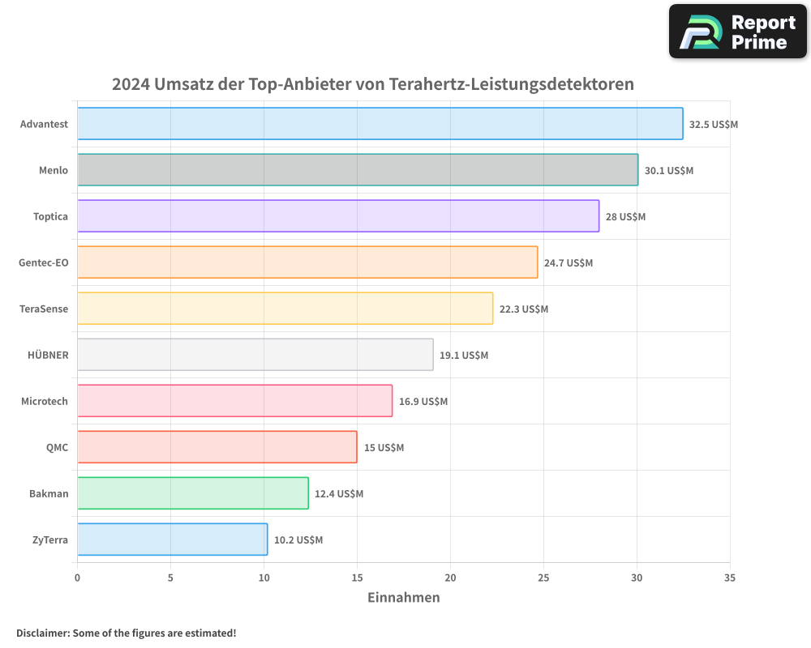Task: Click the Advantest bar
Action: [x=380, y=124]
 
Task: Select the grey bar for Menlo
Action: [x=358, y=170]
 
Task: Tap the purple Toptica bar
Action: [x=338, y=216]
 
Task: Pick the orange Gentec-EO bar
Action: [x=307, y=262]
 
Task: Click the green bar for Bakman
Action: [x=193, y=493]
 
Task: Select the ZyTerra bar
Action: [x=172, y=539]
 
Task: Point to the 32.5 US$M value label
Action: [x=714, y=125]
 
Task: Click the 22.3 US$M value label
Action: [x=524, y=309]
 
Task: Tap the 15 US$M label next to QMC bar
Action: [x=384, y=448]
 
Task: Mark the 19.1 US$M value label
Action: [x=464, y=356]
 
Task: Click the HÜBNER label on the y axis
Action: [x=49, y=355]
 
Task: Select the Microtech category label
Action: [x=45, y=401]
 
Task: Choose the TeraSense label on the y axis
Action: [x=44, y=309]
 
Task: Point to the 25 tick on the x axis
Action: [x=543, y=578]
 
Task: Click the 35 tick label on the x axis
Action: [x=730, y=578]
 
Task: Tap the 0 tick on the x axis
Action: [x=77, y=578]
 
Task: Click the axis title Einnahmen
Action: [x=404, y=598]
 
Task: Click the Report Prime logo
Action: [x=738, y=32]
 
